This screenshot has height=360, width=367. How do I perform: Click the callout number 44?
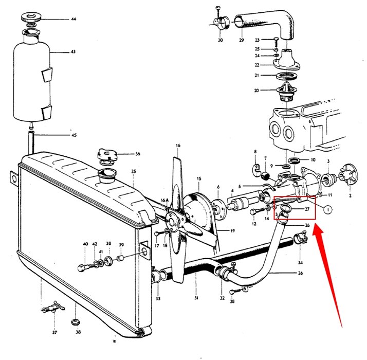(73, 19)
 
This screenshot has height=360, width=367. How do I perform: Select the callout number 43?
(73, 52)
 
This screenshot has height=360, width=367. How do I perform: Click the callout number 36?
(137, 154)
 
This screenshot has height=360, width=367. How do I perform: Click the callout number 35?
(133, 171)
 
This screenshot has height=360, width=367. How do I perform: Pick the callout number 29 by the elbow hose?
(241, 39)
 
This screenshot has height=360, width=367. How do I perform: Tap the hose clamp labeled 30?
(219, 23)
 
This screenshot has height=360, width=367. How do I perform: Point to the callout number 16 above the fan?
(178, 146)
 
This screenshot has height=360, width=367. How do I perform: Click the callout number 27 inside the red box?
(306, 209)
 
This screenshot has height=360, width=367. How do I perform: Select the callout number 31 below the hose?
(196, 298)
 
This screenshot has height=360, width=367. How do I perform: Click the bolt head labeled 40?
(82, 268)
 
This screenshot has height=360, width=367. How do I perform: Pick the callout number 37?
(54, 332)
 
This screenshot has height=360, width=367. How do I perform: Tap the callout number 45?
(74, 135)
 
